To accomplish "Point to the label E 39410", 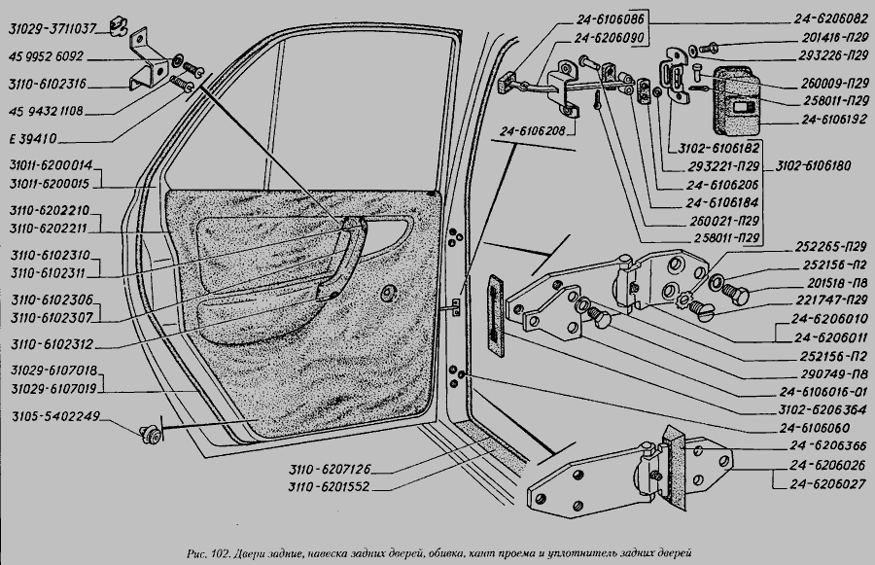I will (x=35, y=137).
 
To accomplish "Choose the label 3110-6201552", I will (x=330, y=485).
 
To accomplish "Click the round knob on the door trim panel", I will (x=390, y=292).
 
